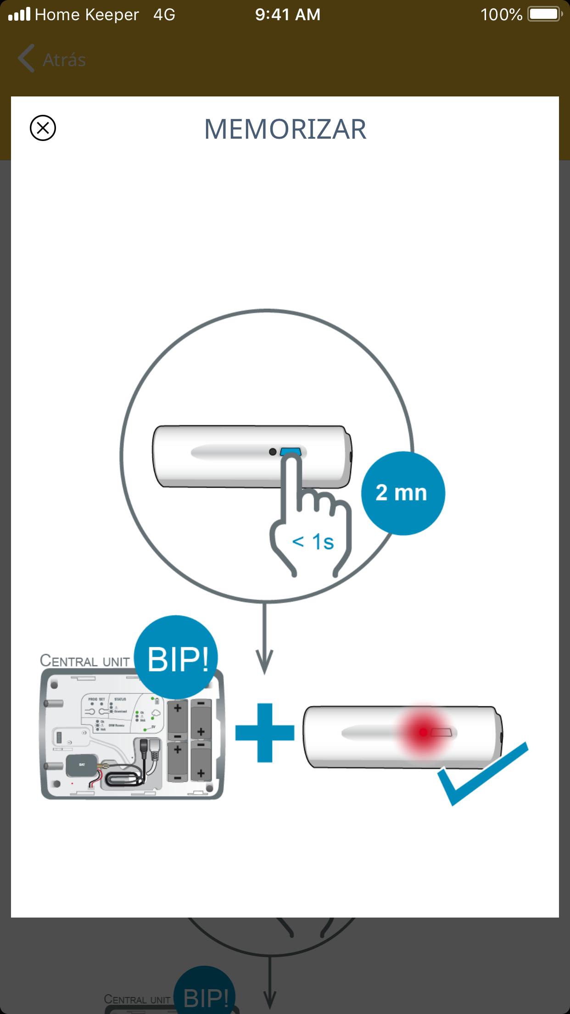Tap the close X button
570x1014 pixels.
43,128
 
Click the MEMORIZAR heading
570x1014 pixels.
285,129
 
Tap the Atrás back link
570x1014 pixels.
52,60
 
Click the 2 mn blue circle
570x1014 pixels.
402,493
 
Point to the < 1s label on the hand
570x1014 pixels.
313,542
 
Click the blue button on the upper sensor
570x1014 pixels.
290,451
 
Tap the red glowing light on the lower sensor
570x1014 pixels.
424,732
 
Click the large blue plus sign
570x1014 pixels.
265,732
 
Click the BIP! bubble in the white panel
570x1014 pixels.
177,658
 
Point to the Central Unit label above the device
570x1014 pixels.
85,661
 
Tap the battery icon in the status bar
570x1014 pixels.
544,14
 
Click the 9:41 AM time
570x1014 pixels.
288,15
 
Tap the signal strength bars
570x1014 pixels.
19,15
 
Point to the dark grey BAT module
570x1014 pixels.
81,765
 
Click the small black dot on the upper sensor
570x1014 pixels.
273,452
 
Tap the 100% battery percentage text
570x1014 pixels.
501,15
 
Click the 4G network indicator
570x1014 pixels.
164,15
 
